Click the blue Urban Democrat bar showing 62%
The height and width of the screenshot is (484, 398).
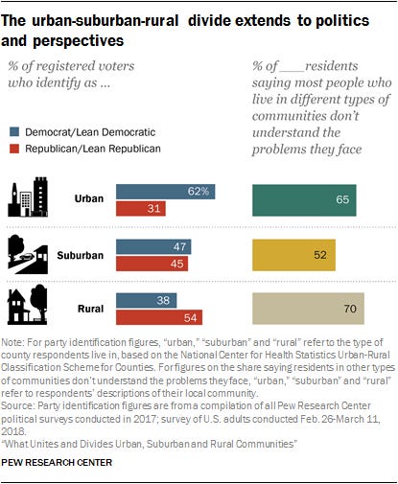click(x=165, y=192)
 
